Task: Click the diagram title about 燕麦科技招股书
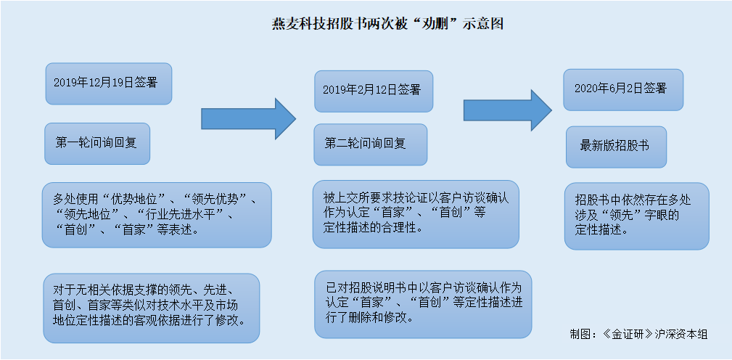click(388, 24)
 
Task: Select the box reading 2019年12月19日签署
click(109, 83)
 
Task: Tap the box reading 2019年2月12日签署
click(374, 91)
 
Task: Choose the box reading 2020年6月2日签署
click(623, 90)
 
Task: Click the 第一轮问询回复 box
click(97, 143)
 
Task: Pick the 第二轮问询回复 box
click(370, 144)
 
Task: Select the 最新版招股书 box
click(616, 147)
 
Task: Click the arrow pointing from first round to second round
click(248, 118)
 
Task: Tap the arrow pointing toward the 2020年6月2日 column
click(508, 110)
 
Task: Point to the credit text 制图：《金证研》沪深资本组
click(638, 335)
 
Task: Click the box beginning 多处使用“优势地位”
click(157, 215)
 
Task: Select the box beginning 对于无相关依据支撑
click(151, 308)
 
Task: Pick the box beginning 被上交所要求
click(416, 214)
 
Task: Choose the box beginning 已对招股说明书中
click(423, 304)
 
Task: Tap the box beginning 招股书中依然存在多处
click(637, 216)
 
